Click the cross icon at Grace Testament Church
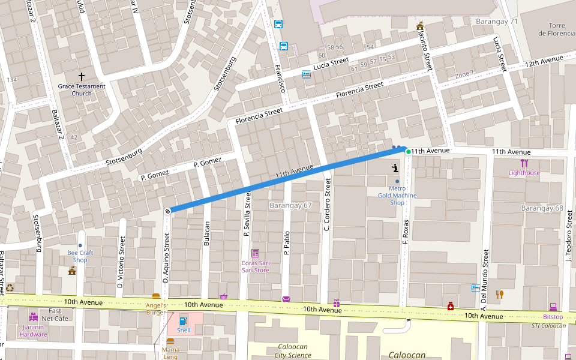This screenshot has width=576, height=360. (82, 77)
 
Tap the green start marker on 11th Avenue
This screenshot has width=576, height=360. (409, 152)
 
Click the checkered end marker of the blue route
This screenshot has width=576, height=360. (168, 211)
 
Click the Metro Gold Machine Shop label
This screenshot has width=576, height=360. (397, 195)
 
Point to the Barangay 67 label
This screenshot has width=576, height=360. (291, 205)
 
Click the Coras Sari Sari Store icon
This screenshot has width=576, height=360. (255, 253)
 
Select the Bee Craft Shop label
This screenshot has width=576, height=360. (80, 256)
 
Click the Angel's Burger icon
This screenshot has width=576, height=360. (156, 296)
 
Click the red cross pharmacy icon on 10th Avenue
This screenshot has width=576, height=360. (451, 307)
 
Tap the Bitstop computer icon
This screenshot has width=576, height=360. (553, 307)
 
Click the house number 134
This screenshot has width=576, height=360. (11, 80)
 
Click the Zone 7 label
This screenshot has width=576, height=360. (464, 74)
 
